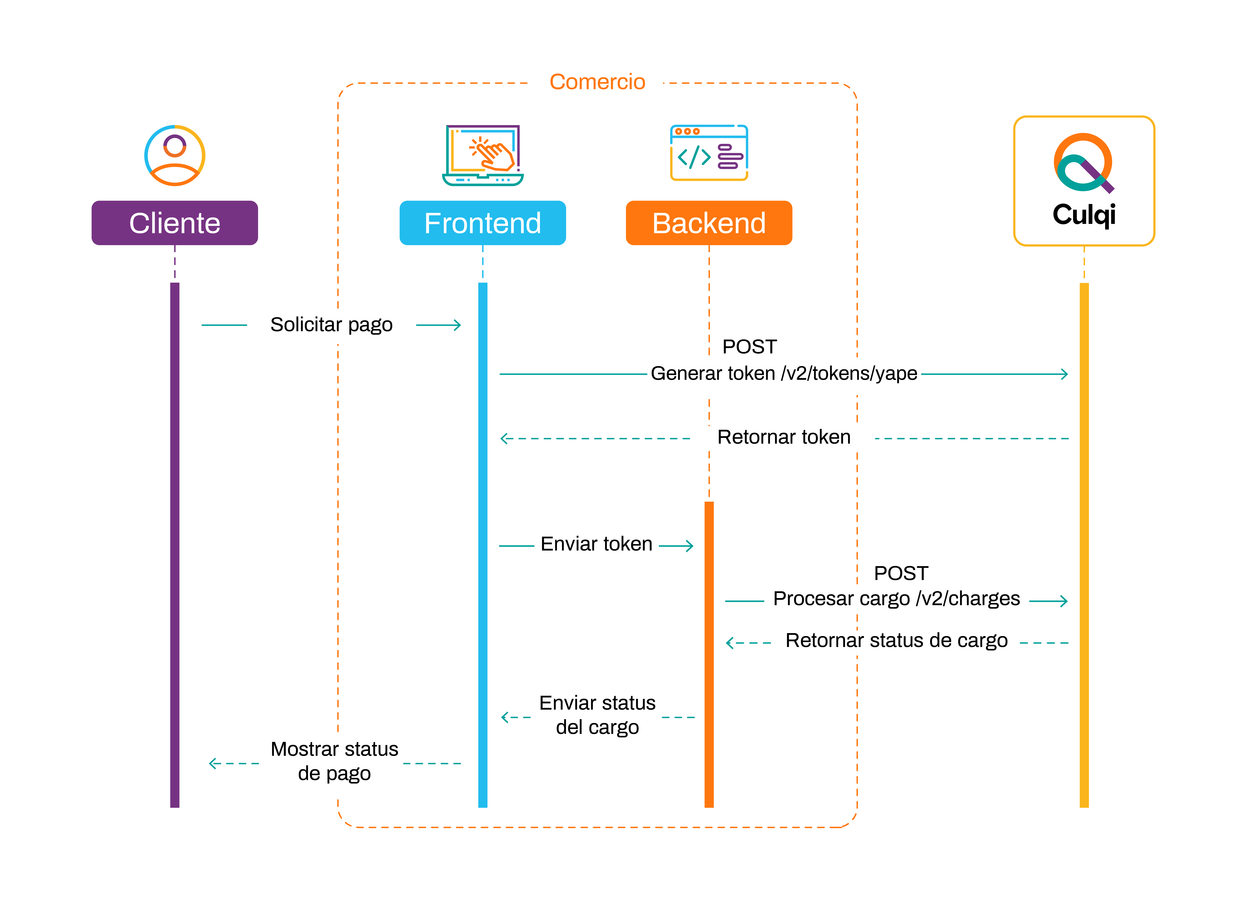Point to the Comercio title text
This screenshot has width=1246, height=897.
tap(597, 82)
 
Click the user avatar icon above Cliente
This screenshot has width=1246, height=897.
tap(175, 155)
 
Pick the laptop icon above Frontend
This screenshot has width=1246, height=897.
tap(483, 155)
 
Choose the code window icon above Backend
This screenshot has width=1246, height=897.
tap(709, 153)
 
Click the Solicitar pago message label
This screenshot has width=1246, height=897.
tap(331, 325)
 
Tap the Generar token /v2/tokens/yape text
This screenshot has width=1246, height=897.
tap(784, 374)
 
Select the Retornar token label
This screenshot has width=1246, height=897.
tap(784, 437)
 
